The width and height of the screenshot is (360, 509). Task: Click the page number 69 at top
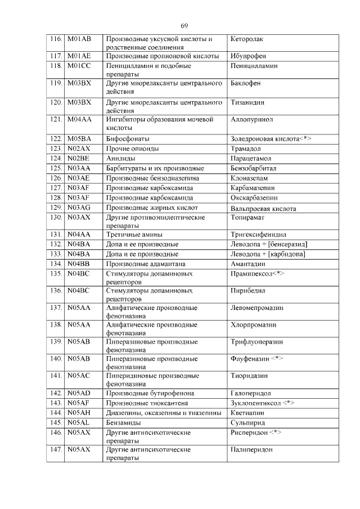[184, 26]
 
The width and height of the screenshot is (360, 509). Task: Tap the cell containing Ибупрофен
[248, 56]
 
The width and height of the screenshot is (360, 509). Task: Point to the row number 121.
[56, 120]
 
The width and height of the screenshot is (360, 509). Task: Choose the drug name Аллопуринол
[251, 120]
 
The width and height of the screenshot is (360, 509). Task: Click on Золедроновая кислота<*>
[271, 139]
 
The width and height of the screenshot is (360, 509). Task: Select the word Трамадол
[246, 148]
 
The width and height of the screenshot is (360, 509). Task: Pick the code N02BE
[78, 159]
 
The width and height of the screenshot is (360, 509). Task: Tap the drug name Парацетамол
[251, 159]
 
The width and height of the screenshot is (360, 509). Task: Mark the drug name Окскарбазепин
[254, 198]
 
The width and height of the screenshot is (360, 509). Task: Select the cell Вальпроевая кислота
[263, 208]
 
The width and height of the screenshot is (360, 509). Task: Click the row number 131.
[56, 235]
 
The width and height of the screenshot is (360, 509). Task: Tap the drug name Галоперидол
[251, 393]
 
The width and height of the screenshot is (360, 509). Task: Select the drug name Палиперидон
[251, 450]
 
